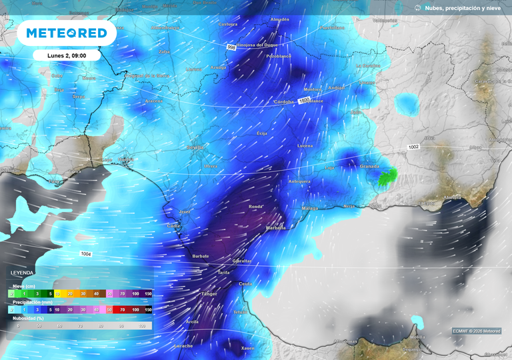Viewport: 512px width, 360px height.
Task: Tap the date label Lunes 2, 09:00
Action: [69, 56]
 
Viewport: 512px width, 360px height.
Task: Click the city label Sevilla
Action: [195, 147]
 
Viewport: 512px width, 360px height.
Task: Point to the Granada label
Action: [369, 166]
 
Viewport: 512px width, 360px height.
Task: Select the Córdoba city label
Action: [284, 102]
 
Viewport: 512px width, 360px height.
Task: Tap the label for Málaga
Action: [310, 208]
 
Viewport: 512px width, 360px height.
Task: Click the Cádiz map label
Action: [174, 226]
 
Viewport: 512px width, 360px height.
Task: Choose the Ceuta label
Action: [245, 285]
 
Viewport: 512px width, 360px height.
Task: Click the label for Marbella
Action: [276, 227]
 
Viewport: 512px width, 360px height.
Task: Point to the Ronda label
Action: [255, 207]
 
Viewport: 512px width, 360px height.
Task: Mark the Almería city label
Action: [452, 198]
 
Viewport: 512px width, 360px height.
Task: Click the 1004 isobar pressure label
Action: [86, 254]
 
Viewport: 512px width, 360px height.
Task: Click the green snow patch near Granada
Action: [387, 177]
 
